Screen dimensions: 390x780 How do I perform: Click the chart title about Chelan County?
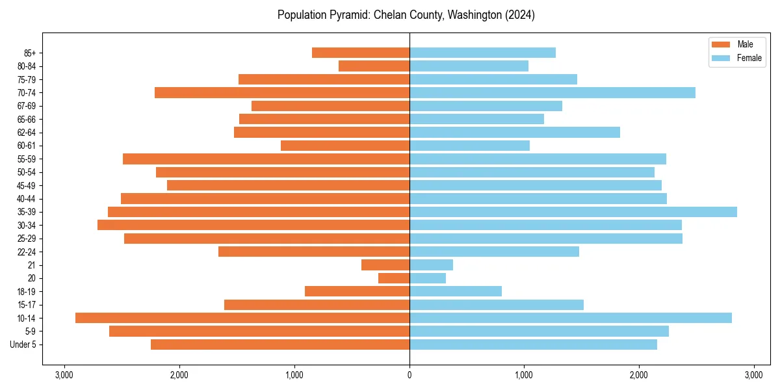pos(406,15)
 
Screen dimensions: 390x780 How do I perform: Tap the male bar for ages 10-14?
pos(242,318)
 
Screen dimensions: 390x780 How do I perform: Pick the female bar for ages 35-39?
pos(573,212)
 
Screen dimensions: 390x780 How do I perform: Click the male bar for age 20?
pos(394,278)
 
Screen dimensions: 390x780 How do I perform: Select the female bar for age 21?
pos(431,265)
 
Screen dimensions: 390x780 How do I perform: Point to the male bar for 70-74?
pos(282,92)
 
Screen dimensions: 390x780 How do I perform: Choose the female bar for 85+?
pos(482,53)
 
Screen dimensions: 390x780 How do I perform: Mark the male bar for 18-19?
pos(357,291)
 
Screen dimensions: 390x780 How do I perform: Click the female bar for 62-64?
pos(515,132)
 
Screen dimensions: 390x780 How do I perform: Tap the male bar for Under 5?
pos(280,344)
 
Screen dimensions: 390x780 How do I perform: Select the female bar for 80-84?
pos(469,66)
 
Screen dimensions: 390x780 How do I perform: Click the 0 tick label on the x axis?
pos(409,375)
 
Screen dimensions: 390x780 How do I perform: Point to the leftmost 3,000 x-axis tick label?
pos(64,375)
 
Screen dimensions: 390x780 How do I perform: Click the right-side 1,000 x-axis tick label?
pos(524,375)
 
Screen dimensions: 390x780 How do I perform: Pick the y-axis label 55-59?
pos(26,159)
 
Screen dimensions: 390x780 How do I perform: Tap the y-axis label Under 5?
pos(23,344)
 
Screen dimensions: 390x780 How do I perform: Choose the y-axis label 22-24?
pos(26,252)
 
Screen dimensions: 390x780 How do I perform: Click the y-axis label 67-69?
pos(26,106)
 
